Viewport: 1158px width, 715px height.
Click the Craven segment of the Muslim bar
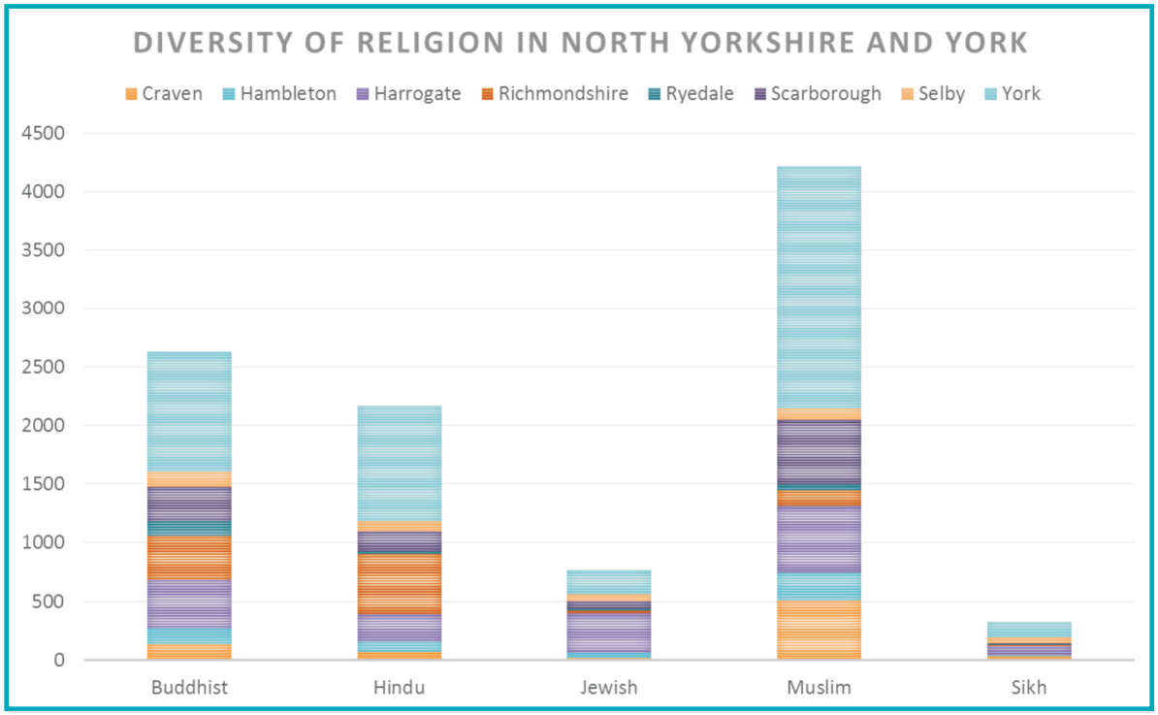coord(819,630)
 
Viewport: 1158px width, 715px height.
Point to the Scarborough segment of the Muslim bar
coord(819,451)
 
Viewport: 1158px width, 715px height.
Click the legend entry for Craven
coord(164,94)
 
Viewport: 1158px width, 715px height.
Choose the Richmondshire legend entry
coord(554,94)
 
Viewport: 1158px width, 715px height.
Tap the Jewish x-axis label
coord(609,688)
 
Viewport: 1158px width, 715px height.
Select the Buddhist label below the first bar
coord(189,688)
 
